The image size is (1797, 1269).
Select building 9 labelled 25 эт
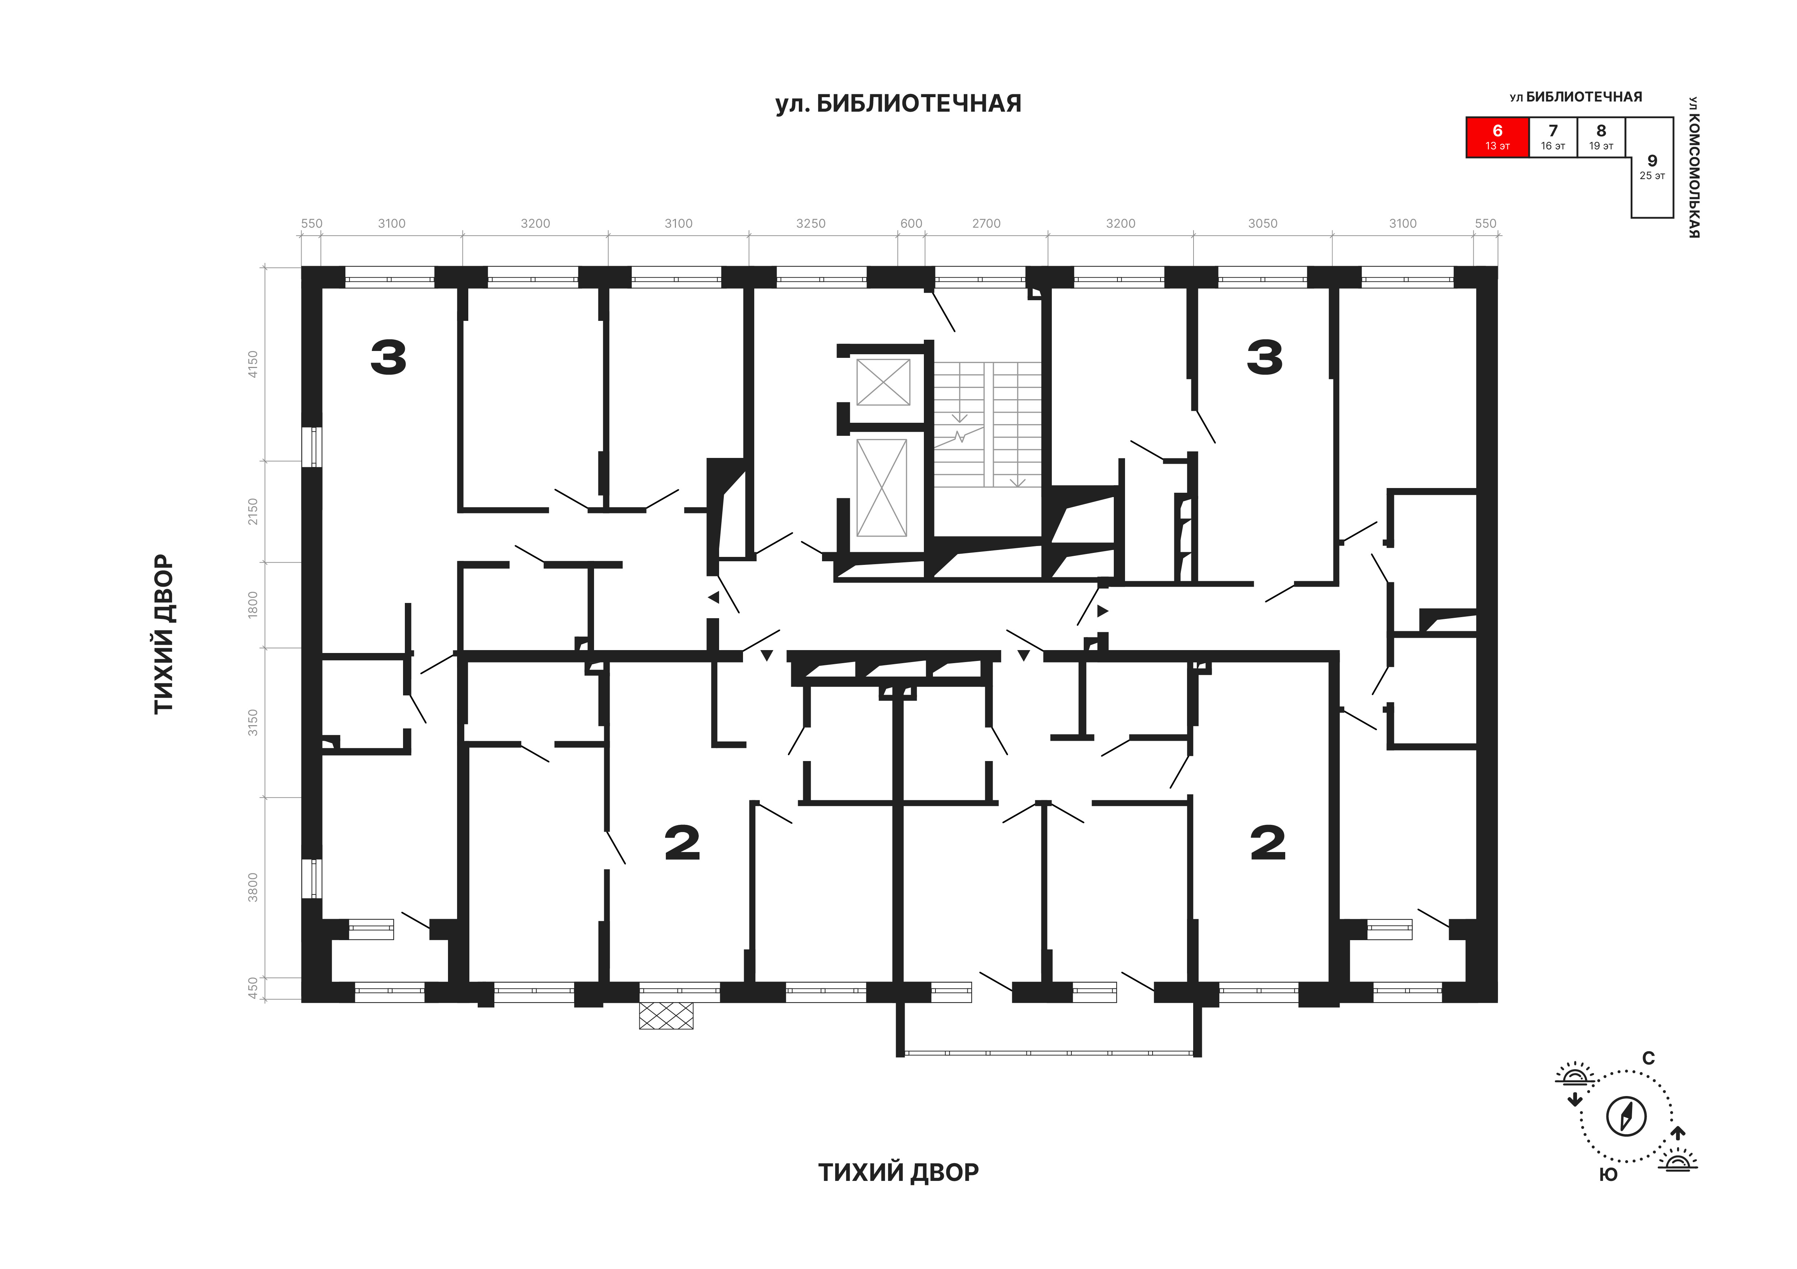pos(1651,168)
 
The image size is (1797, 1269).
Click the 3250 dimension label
pos(811,224)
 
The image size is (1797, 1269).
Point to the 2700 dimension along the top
pos(986,224)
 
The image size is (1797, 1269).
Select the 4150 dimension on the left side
pos(252,364)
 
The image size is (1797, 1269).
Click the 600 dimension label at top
pos(911,224)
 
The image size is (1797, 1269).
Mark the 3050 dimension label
pos(1262,224)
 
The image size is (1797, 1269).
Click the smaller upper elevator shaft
pos(883,382)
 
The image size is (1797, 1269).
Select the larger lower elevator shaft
pos(882,488)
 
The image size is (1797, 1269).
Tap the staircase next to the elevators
pos(988,423)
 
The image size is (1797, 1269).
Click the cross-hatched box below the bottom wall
pos(666,1015)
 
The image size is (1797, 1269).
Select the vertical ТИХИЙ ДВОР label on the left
pos(163,634)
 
